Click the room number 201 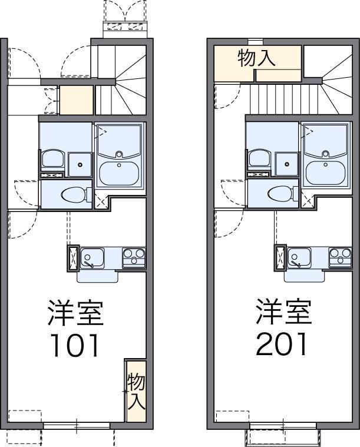282,344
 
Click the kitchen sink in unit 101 92,257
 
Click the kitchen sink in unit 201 299,257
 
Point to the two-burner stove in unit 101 134,257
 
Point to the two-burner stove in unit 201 340,257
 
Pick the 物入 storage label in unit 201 257,58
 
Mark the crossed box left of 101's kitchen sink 73,257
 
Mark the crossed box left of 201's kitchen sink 280,257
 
